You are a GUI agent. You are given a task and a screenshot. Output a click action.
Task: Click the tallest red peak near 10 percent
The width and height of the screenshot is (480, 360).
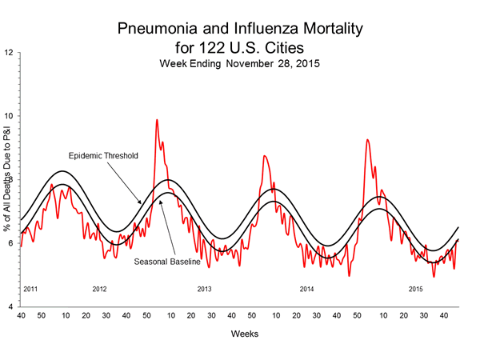157,120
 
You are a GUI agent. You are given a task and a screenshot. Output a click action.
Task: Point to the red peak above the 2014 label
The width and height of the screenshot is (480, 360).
367,140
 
